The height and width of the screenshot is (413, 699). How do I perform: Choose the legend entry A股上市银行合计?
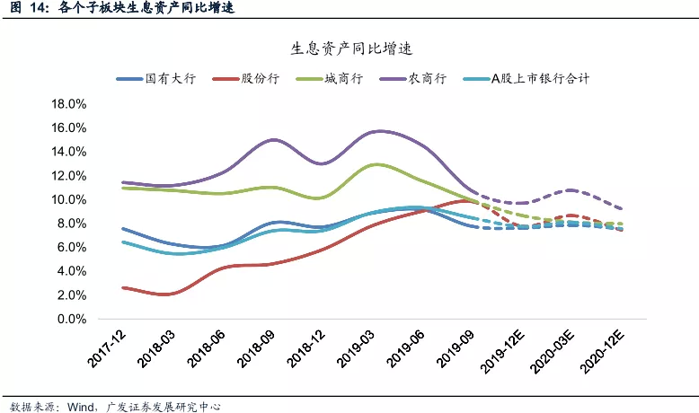tap(539, 79)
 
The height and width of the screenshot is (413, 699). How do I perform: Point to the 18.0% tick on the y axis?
tap(69, 104)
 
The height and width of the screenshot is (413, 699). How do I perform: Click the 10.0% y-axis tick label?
tap(69, 199)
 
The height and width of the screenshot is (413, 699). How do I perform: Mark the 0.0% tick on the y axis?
tap(72, 319)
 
